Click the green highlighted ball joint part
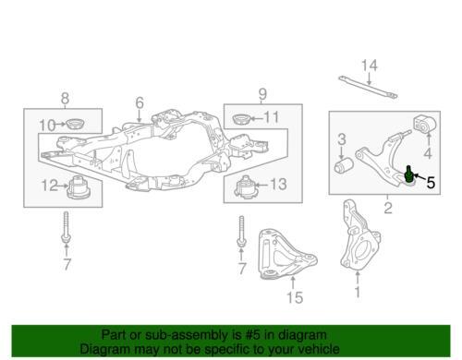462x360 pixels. [408, 174]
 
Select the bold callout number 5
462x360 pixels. [431, 183]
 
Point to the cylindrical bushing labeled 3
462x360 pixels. [344, 165]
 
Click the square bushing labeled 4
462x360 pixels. [425, 124]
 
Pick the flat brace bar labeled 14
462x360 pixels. [368, 88]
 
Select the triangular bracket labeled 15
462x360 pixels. [286, 255]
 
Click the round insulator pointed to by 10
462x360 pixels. [76, 124]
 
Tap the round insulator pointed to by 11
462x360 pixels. [240, 119]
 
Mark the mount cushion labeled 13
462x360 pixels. [246, 186]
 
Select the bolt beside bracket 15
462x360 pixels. [241, 231]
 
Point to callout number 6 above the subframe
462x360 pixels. [140, 102]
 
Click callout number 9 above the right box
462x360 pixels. [262, 94]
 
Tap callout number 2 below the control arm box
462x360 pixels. [388, 208]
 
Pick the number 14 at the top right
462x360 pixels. [369, 66]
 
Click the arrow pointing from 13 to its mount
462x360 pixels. [262, 185]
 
